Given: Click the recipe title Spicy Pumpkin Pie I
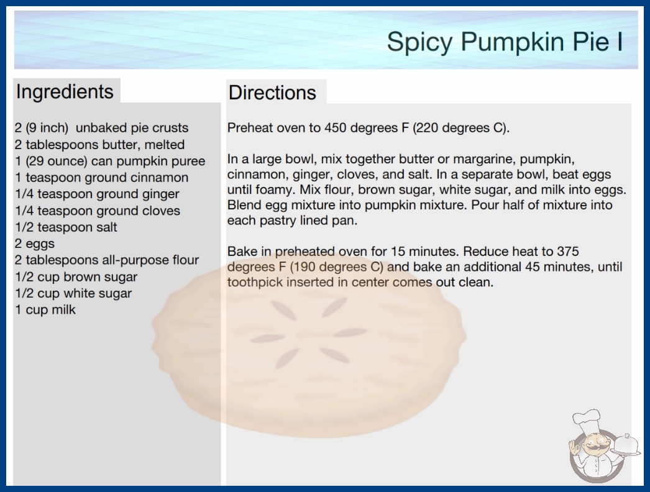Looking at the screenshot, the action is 505,42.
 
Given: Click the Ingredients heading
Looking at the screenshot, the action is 65,92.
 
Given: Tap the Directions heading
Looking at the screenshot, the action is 272,93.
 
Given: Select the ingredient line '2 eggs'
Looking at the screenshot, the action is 35,244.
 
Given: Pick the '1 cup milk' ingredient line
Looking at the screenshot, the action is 45,309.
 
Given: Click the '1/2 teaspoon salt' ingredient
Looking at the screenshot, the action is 66,227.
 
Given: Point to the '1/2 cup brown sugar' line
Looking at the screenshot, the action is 76,277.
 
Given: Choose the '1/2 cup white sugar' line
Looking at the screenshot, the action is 73,293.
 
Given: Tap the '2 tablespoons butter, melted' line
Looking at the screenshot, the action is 100,145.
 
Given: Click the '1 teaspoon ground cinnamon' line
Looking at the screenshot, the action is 102,178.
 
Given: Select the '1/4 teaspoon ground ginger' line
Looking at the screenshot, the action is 98,194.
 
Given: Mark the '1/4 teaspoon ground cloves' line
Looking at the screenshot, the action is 98,211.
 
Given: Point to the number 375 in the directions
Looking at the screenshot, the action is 568,251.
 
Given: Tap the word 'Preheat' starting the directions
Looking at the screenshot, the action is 250,128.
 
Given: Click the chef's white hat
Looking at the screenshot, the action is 587,419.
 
